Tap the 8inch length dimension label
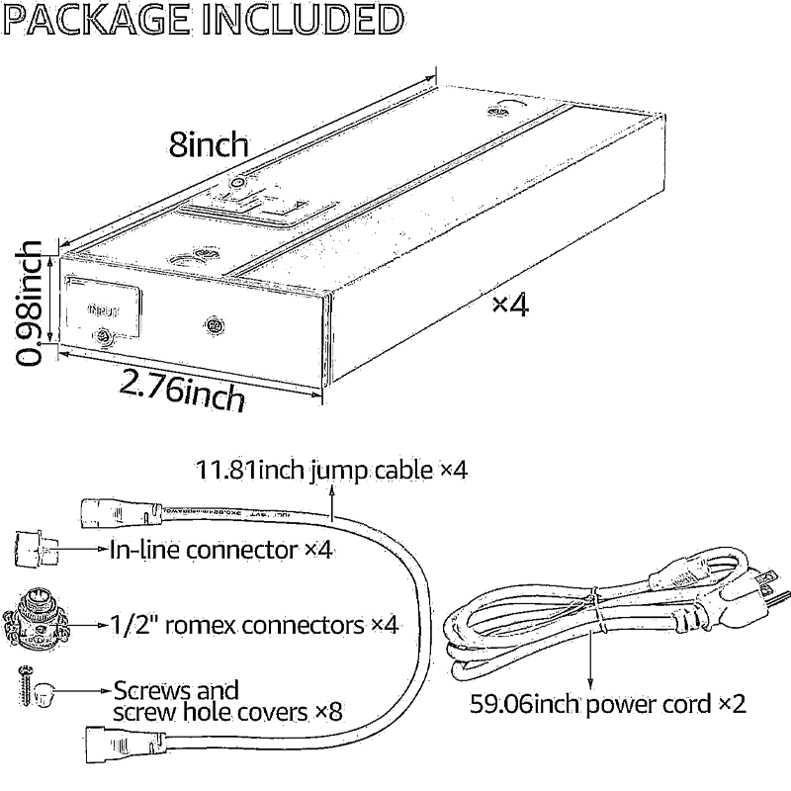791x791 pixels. point(207,145)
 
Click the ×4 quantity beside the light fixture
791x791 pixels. point(510,305)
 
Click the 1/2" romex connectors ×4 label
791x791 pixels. point(251,625)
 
